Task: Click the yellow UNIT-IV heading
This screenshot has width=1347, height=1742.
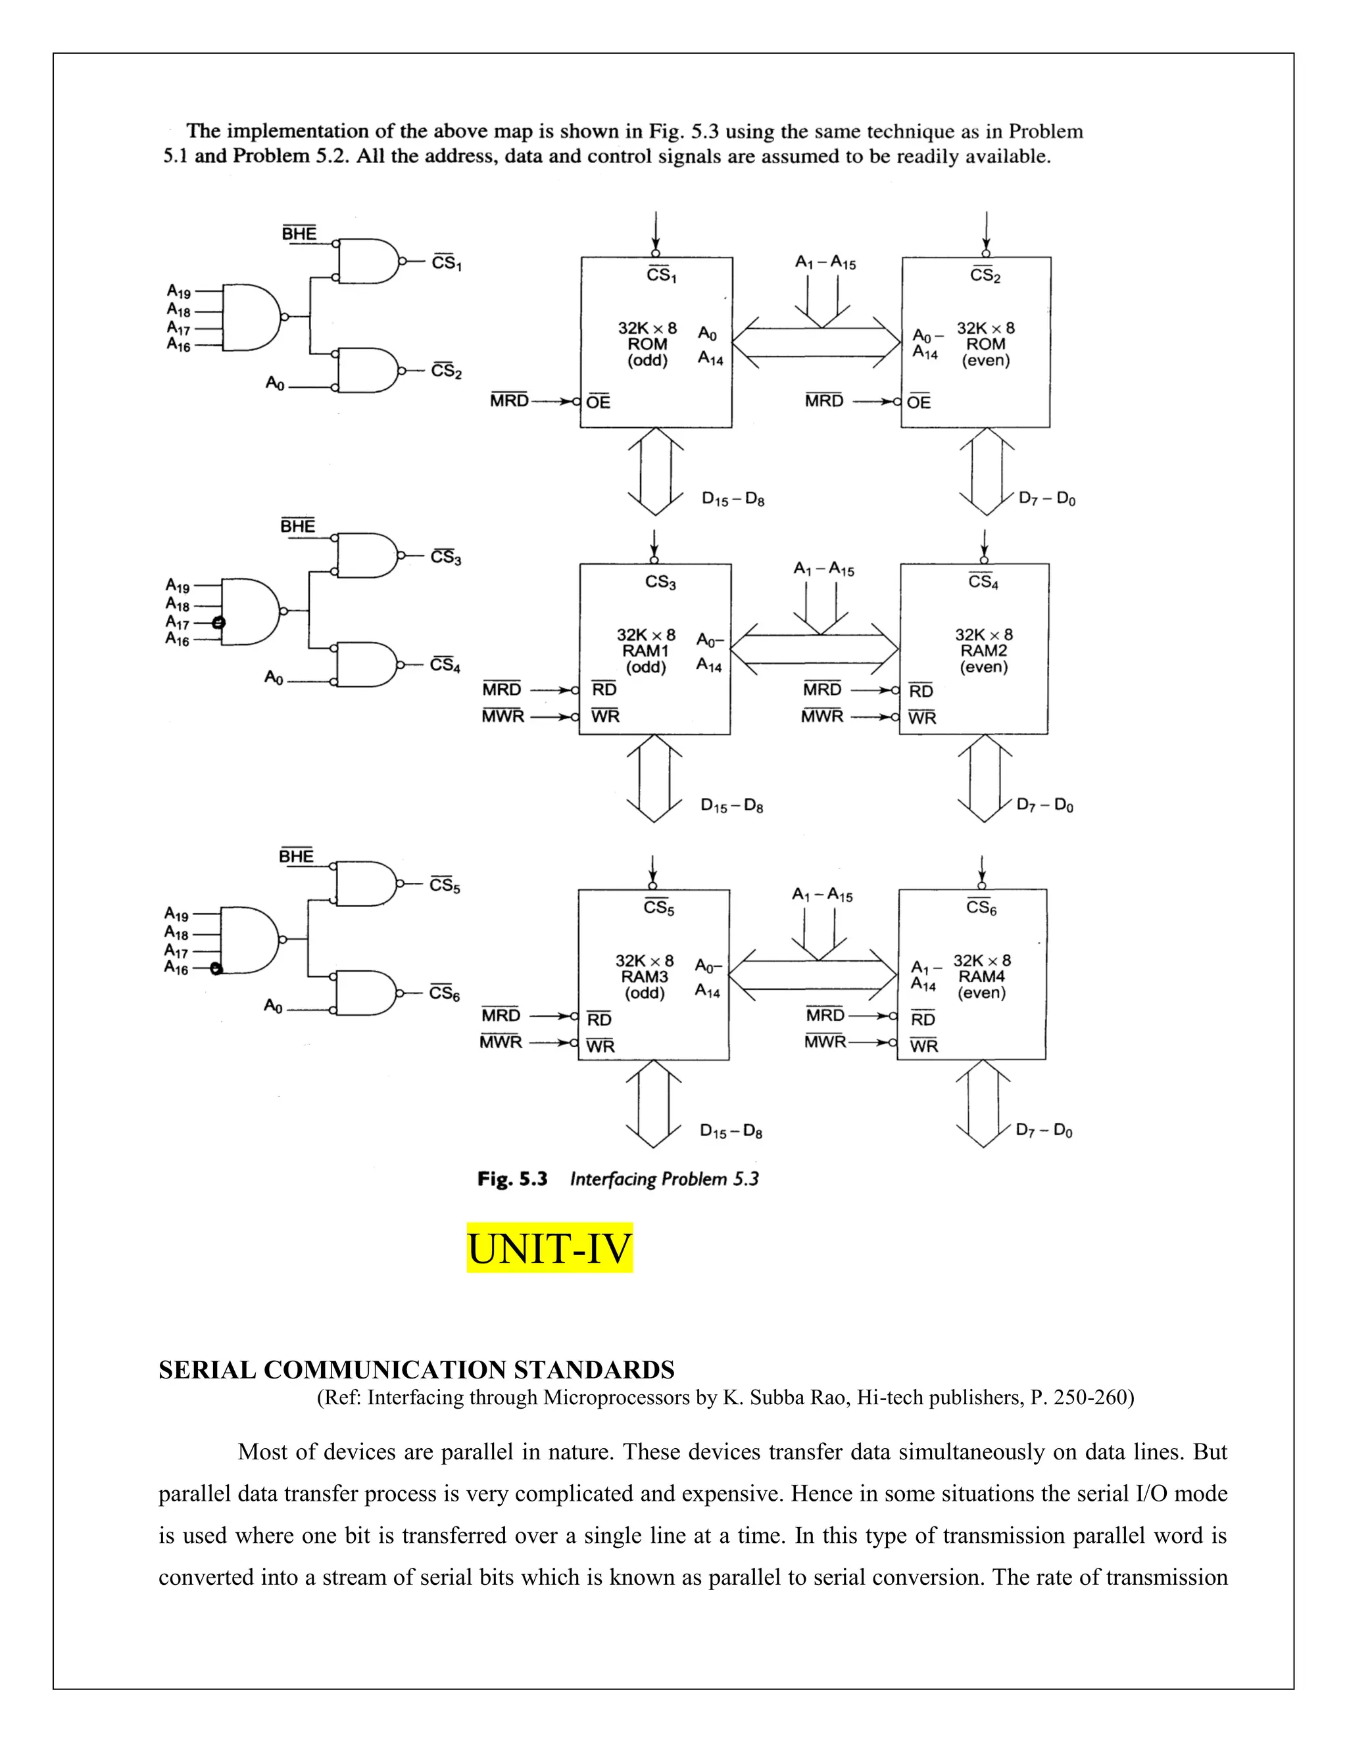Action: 549,1248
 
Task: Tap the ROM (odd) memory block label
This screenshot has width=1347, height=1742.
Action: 647,344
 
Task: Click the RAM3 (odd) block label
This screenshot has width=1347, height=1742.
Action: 644,976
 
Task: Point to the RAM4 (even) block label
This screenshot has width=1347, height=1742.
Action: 981,976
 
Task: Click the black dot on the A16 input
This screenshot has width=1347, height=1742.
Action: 216,968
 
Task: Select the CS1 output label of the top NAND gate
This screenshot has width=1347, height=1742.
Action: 446,262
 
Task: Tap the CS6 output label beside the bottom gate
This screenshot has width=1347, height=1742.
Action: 444,993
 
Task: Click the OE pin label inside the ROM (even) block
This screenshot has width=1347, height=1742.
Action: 918,402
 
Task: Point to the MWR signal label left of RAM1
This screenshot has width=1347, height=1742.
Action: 502,717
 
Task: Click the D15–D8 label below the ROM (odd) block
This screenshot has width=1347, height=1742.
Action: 733,500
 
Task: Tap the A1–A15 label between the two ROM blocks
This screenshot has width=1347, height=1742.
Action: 825,262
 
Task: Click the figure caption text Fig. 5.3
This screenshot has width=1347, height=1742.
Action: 512,1179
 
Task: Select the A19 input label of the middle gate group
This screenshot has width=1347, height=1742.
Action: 177,587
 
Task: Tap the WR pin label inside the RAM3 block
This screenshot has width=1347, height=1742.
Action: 600,1046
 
